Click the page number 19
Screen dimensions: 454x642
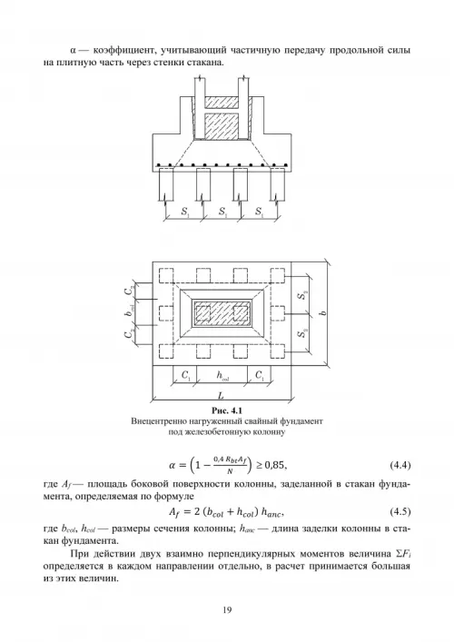pos(227,610)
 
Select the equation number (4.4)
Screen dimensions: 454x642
pos(400,465)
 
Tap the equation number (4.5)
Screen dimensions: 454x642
pos(400,511)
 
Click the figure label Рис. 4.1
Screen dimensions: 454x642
pos(227,410)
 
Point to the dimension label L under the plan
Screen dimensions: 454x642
pos(221,396)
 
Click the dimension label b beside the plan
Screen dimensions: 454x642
pos(323,313)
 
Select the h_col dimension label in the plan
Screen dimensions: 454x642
pos(222,375)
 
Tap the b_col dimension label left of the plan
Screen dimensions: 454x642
pos(129,313)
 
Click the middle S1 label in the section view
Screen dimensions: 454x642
pos(222,212)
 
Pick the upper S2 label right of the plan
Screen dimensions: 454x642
pos(302,294)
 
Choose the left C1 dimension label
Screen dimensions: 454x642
pos(186,375)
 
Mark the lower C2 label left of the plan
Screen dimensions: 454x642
pos(129,333)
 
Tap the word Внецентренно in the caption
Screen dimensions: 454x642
pos(154,421)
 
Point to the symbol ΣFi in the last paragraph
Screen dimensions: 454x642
pos(403,555)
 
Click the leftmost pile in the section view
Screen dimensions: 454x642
pos(166,183)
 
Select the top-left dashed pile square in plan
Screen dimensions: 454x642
pos(166,275)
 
